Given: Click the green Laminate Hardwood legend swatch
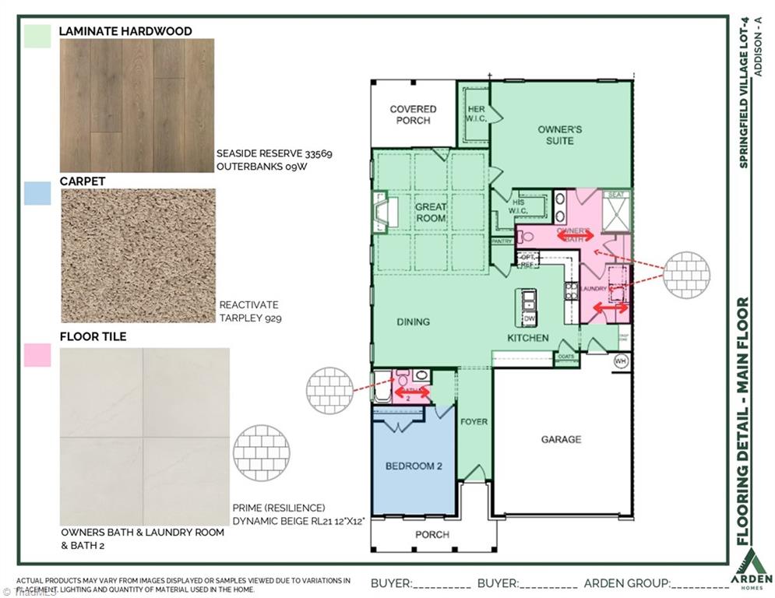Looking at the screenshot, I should coord(37,37).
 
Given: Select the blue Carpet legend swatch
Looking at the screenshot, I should coord(37,193).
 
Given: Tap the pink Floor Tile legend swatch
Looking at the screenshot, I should coord(37,354).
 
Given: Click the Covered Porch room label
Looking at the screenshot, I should coord(413,114).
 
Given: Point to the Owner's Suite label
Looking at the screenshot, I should coord(559,135).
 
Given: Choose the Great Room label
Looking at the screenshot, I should coord(430,213).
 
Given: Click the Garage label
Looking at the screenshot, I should coord(561,439).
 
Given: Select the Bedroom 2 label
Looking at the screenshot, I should coord(414,466).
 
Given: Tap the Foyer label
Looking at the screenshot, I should coord(474,422).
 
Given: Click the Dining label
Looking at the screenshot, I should coord(413,322).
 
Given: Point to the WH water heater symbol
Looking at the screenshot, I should coord(620,361).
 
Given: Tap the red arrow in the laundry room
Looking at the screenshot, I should coord(610,309).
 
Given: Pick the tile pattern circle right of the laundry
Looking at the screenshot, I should coord(688,273).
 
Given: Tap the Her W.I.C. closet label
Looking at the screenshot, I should coord(476,114).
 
